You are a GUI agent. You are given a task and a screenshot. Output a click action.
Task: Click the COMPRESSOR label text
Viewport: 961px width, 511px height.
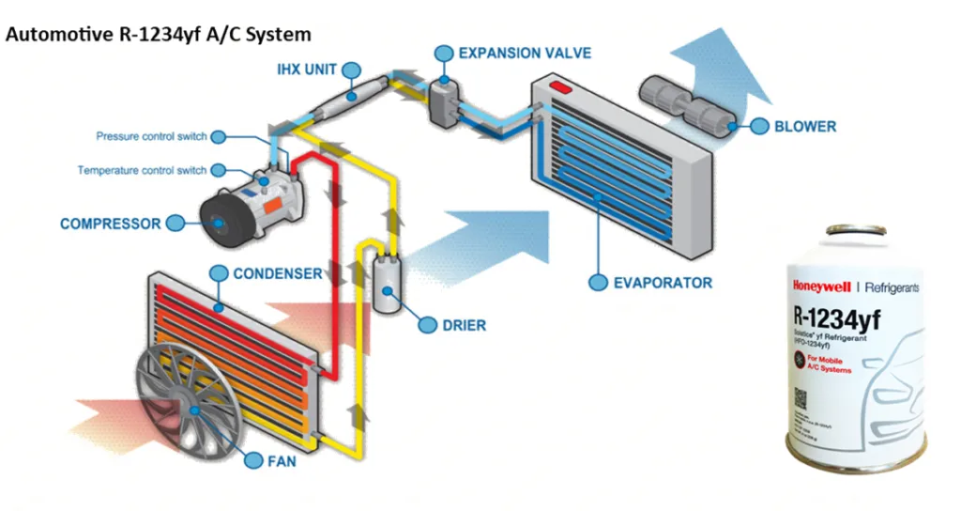coord(110,225)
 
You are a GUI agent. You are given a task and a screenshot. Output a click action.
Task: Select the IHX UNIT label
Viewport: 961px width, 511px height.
coord(307,70)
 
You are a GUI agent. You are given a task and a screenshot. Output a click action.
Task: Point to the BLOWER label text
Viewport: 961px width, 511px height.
coord(805,126)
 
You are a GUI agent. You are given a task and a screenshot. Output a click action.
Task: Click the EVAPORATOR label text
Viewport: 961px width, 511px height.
coord(663,282)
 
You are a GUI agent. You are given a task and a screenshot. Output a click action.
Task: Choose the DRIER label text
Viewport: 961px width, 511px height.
coord(464,326)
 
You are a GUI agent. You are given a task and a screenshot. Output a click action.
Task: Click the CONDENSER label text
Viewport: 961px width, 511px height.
coord(277,273)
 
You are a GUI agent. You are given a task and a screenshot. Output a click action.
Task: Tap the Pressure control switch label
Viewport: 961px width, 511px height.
coord(151,137)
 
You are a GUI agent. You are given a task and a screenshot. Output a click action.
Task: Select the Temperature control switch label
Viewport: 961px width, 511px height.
coord(142,171)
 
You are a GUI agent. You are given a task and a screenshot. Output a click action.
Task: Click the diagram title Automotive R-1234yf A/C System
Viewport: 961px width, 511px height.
coord(159,34)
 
